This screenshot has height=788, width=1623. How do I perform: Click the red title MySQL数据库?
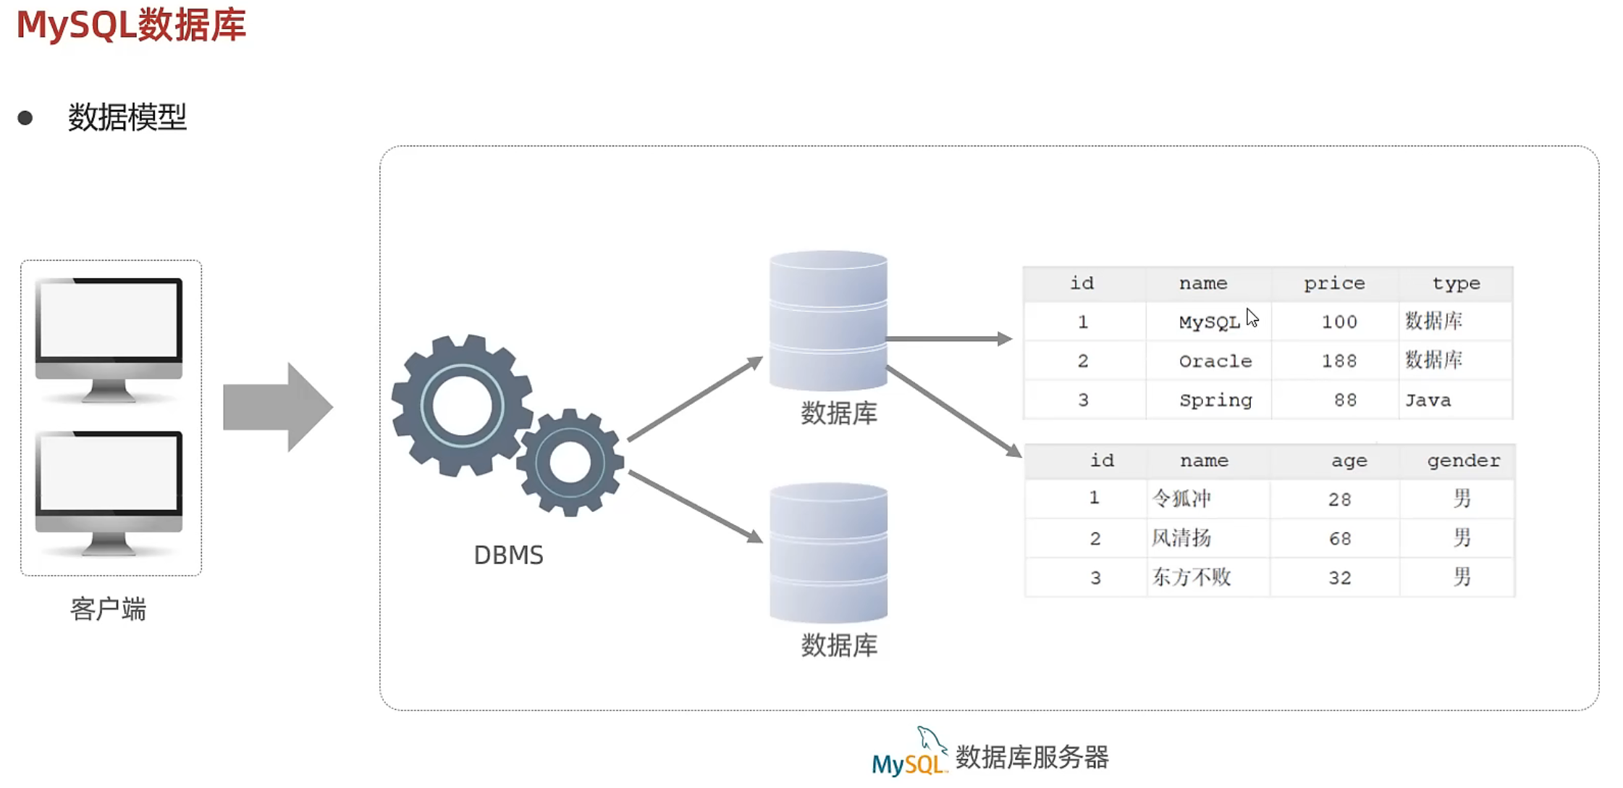pyautogui.click(x=131, y=25)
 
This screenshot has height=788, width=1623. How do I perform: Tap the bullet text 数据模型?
pyautogui.click(x=127, y=117)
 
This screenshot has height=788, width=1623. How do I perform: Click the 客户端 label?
pyautogui.click(x=109, y=609)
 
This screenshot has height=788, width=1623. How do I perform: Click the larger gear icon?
pyautogui.click(x=462, y=405)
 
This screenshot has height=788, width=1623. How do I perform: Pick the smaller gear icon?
pyautogui.click(x=570, y=462)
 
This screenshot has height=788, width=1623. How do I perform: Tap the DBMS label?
pyautogui.click(x=508, y=555)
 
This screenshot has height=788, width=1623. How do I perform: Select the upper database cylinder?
pyautogui.click(x=828, y=321)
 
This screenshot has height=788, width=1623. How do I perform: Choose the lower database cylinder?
pyautogui.click(x=828, y=553)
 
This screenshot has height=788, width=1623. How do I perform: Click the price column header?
pyautogui.click(x=1334, y=284)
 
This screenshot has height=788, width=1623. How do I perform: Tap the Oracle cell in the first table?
pyautogui.click(x=1215, y=361)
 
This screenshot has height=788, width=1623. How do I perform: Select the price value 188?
pyautogui.click(x=1339, y=361)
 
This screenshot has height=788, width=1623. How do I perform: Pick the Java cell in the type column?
pyautogui.click(x=1428, y=401)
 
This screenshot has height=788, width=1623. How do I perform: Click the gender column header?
pyautogui.click(x=1463, y=461)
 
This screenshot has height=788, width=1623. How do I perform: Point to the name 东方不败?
pyautogui.click(x=1192, y=577)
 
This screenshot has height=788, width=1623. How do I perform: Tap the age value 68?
pyautogui.click(x=1339, y=538)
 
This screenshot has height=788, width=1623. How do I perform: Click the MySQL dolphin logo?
pyautogui.click(x=909, y=753)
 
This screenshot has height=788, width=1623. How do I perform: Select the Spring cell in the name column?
pyautogui.click(x=1215, y=401)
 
